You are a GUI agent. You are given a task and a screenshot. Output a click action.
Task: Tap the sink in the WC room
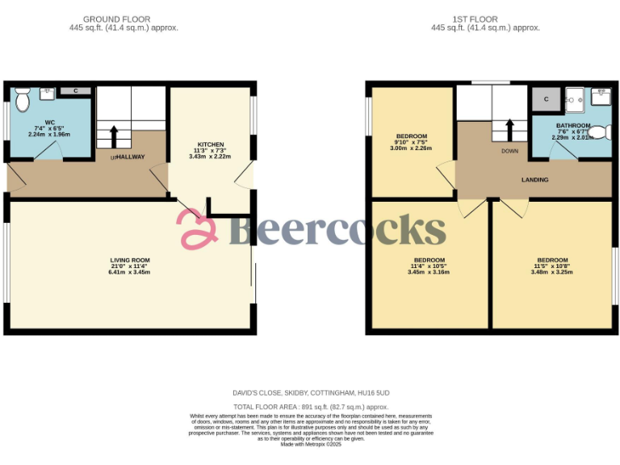coord(48,92)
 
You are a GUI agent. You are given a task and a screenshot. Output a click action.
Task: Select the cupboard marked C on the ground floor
coord(76,91)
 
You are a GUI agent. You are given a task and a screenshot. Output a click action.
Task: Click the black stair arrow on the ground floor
coord(113,134)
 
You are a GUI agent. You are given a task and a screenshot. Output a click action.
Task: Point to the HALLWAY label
coord(130,157)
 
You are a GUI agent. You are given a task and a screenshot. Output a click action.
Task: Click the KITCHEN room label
coord(211,145)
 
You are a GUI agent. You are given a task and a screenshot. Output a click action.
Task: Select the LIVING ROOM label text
coord(130,260)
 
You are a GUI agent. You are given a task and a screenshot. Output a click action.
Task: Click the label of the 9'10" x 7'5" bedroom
coord(412,136)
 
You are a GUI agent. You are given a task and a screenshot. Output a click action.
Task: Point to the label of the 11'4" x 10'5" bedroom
coord(429,260)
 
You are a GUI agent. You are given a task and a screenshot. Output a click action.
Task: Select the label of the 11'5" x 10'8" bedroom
coord(552,260)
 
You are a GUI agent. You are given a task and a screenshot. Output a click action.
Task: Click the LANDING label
coord(534,180)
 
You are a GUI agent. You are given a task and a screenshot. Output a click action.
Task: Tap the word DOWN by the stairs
coord(509,151)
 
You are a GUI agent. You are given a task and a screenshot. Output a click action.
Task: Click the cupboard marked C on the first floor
coord(546,99)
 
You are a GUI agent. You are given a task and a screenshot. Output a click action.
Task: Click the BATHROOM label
coord(573,126)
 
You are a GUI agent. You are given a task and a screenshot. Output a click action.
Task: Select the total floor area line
coord(311,407)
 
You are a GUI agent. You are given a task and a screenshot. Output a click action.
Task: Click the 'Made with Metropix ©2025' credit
coord(311,444)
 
